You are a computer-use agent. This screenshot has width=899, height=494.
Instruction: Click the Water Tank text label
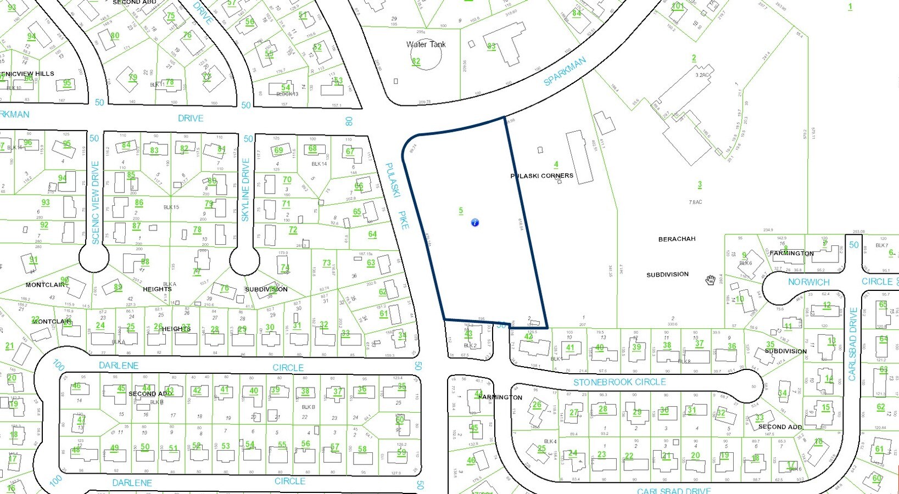(x=426, y=44)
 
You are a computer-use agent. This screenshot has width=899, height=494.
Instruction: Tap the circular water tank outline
(x=426, y=57)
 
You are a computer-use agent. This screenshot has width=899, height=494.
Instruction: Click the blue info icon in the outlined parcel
(x=475, y=222)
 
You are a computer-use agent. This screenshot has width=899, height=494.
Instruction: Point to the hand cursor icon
(x=710, y=280)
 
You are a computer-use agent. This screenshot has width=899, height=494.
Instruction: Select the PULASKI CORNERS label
(x=541, y=176)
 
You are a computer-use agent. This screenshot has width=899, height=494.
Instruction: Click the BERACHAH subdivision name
(x=677, y=239)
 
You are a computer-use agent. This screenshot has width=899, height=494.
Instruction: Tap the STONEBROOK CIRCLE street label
(x=619, y=382)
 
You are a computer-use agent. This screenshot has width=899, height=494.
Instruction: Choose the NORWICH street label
(x=808, y=282)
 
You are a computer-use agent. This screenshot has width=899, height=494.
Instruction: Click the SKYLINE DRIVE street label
(x=245, y=189)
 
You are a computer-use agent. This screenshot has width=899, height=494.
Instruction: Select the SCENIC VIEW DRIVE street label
(x=96, y=202)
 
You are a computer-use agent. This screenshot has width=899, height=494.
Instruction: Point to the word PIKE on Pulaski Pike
(x=404, y=220)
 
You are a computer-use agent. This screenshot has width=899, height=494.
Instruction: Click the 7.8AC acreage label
(x=695, y=202)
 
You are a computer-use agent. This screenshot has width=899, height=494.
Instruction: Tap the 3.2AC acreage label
(x=702, y=75)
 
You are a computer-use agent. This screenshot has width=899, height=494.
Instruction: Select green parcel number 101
(x=678, y=6)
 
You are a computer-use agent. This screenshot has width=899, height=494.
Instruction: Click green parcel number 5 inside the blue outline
(x=461, y=210)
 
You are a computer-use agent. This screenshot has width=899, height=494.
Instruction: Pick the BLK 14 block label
(x=319, y=164)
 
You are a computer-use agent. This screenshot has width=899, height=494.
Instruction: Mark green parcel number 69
(x=278, y=150)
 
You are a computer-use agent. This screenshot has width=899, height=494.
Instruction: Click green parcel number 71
(x=286, y=204)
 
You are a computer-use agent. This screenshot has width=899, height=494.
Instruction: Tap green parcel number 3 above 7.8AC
(x=699, y=185)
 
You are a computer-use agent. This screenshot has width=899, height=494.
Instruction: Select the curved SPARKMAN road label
(x=565, y=71)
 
